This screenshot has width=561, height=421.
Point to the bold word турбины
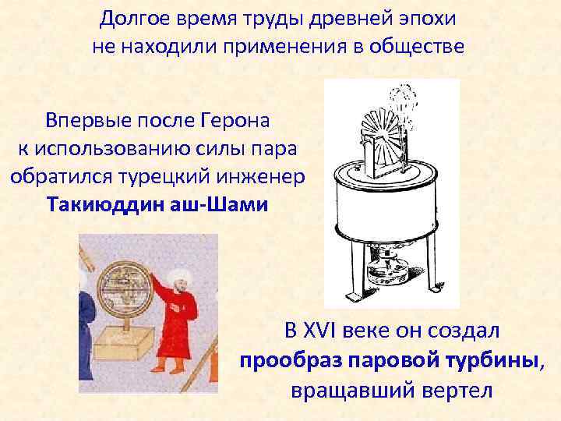[496, 360]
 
